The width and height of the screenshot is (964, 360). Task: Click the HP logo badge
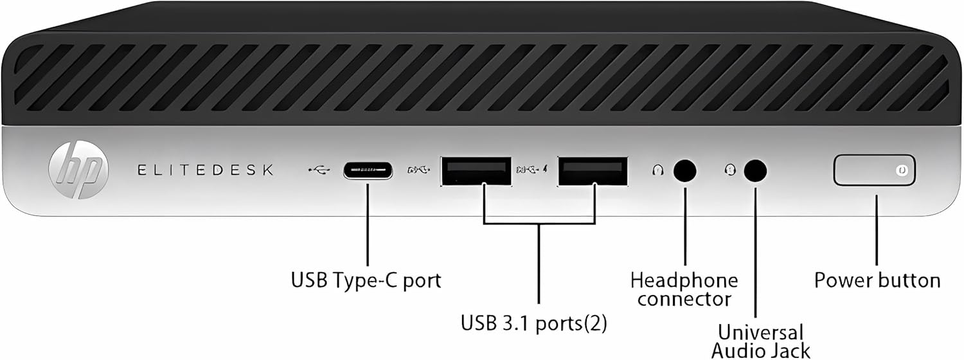[x=78, y=170]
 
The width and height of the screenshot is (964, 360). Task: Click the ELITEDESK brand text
[x=205, y=170]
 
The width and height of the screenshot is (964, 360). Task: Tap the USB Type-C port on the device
[x=368, y=170]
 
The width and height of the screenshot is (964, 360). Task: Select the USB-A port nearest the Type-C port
[x=476, y=171]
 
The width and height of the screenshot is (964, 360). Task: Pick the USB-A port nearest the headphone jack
[x=593, y=171]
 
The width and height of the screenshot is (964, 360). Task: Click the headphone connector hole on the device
[x=684, y=170]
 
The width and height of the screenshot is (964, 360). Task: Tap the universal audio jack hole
[x=755, y=170]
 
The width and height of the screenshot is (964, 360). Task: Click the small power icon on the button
[x=902, y=170]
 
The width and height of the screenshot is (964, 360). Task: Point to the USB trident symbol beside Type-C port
[x=319, y=170]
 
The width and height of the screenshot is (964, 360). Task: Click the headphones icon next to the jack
[x=657, y=170]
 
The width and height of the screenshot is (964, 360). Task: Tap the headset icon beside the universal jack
[x=730, y=170]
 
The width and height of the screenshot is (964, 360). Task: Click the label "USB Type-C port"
[x=366, y=281]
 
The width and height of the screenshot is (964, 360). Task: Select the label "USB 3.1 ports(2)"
[x=533, y=323]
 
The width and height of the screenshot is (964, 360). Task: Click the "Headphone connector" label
[x=684, y=289]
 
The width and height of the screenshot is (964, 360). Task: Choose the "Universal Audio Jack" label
[x=760, y=341]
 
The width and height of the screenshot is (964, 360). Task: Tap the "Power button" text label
[x=877, y=280]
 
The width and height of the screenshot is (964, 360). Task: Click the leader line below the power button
[x=877, y=230]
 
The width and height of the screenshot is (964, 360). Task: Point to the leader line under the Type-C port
[x=368, y=225]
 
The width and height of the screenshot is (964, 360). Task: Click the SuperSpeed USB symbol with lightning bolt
[x=533, y=170]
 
